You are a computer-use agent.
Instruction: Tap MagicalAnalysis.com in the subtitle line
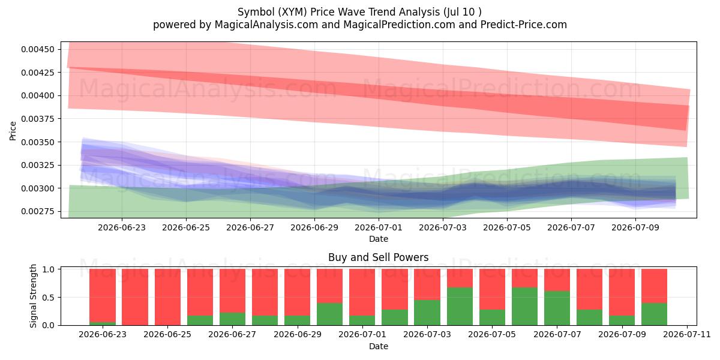click(x=266, y=25)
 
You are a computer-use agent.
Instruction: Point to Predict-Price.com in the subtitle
click(x=524, y=25)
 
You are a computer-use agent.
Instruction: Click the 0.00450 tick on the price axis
click(x=38, y=49)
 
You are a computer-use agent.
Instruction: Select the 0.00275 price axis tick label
click(x=38, y=211)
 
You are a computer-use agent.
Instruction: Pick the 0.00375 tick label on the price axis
click(x=38, y=119)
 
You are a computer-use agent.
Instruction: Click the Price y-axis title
click(x=13, y=131)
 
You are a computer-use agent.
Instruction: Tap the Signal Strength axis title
click(x=33, y=296)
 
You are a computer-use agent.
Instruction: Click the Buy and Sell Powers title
click(x=379, y=257)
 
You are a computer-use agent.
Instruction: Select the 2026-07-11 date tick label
click(x=687, y=335)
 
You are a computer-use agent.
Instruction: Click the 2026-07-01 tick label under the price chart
click(x=379, y=227)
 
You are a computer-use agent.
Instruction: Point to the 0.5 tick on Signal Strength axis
click(x=49, y=298)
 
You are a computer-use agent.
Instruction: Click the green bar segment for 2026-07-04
click(x=460, y=307)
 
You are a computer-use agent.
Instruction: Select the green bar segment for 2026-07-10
click(x=654, y=314)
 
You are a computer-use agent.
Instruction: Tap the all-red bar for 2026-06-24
click(x=135, y=297)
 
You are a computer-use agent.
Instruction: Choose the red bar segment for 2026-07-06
click(x=524, y=278)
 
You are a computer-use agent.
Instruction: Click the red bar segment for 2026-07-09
click(x=622, y=292)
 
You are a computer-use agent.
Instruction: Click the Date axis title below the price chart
click(x=379, y=239)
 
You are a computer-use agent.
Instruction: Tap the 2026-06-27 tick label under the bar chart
click(x=232, y=335)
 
